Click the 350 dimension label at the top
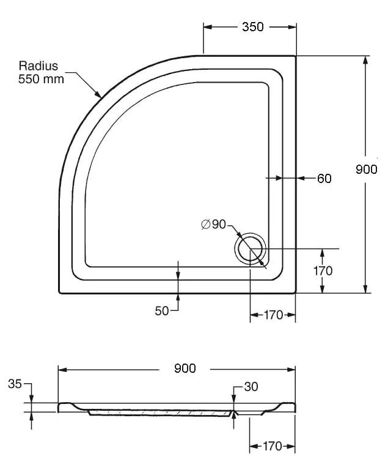pos(253,27)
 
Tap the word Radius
pos(38,66)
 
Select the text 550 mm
pos(41,79)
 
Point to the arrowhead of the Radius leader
pos(99,94)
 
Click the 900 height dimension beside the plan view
pos(367,170)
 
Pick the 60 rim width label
pos(324,179)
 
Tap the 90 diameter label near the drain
pos(219,224)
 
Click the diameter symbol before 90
pos(206,225)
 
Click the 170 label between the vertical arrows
pos(323,271)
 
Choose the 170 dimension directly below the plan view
pos(273,315)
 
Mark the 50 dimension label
pos(162,311)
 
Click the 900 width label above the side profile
pos(185,368)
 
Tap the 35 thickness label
pos(15,384)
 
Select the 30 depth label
pos(251,387)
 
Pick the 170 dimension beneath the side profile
pos(272,446)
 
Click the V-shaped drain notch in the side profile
pos(235,413)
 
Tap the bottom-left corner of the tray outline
pos(59,293)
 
